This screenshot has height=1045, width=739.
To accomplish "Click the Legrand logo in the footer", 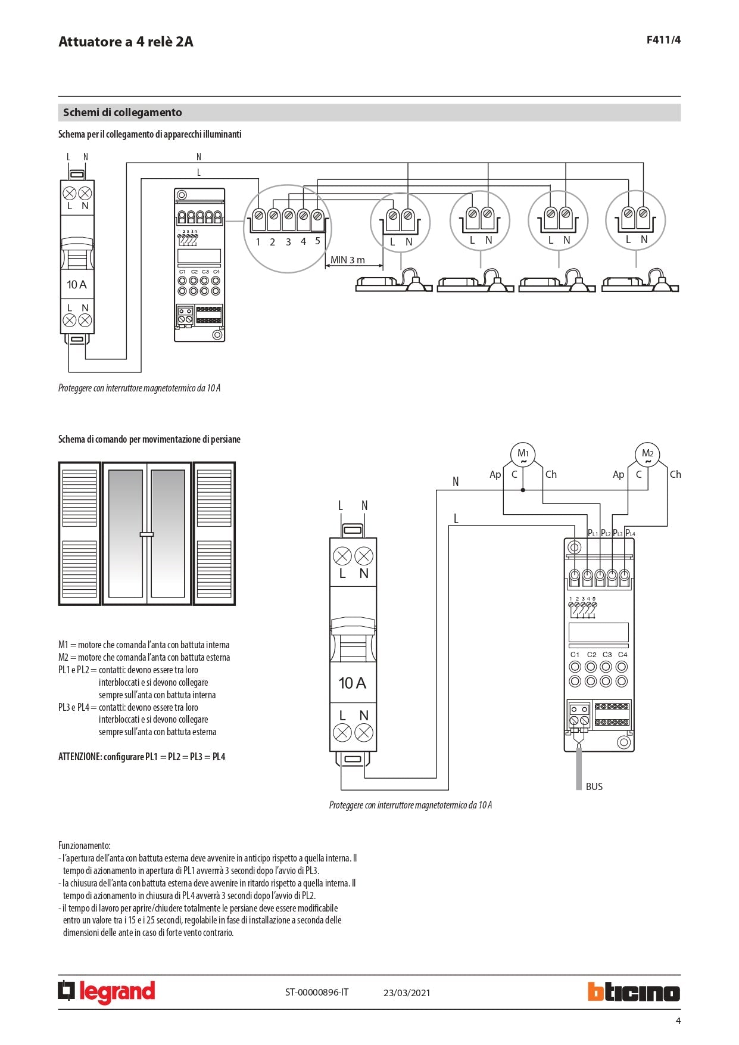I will (107, 992).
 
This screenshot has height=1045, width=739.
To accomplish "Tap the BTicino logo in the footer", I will (634, 992).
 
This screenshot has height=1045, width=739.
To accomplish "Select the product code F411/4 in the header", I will (663, 40).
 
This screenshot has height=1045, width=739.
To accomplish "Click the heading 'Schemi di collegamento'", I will (123, 113).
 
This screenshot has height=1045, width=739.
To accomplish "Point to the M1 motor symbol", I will (523, 455).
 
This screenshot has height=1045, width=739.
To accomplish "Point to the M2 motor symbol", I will (647, 455).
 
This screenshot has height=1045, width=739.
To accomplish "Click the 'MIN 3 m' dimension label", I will (348, 260).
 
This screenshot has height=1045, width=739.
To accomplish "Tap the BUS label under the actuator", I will (594, 786).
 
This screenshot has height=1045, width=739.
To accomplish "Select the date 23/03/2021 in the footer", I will (407, 993).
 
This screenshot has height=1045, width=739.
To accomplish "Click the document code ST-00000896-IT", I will (317, 992).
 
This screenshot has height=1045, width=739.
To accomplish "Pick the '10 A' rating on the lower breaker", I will (353, 683).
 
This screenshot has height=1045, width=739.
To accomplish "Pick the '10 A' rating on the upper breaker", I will (77, 285).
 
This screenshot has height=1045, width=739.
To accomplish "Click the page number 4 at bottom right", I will (678, 1021).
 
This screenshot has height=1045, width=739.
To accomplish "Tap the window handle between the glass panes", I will (146, 534).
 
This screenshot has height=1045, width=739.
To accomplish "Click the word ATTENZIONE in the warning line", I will (79, 757).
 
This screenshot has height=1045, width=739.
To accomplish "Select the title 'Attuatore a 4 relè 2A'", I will (126, 42).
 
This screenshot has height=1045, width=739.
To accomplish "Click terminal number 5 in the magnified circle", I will (317, 241).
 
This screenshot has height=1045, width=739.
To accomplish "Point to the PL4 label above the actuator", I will (630, 533).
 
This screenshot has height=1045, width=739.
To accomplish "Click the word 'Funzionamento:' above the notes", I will (84, 845).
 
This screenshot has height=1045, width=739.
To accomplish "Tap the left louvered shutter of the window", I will (80, 534).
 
